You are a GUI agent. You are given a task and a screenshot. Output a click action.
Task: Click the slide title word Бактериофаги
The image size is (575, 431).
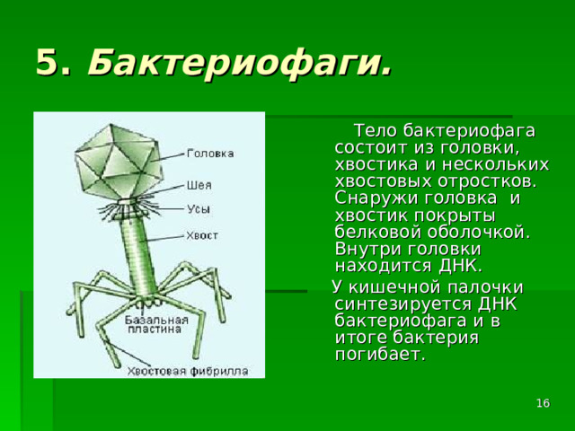tap(240, 63)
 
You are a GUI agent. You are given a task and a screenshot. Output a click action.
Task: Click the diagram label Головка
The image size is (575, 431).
tap(211, 154)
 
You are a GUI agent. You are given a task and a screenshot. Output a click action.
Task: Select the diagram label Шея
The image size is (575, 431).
tap(199, 186)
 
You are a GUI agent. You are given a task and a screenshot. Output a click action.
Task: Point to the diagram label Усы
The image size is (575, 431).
tap(199, 209)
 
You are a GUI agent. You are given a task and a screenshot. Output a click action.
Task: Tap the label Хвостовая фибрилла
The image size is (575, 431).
tap(187, 370)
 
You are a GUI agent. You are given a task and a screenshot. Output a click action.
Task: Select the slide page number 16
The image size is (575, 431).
tap(543, 406)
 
